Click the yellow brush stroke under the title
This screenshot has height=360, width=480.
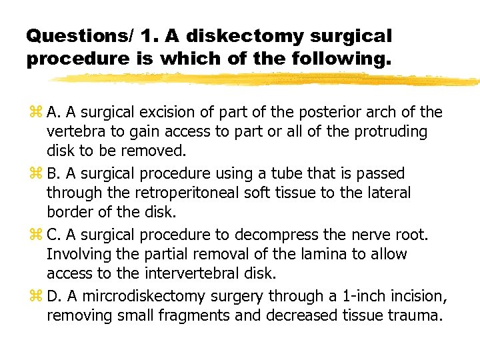click(x=267, y=80)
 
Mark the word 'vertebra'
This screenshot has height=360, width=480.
click(x=72, y=131)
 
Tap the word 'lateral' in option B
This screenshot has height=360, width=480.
click(x=389, y=193)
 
